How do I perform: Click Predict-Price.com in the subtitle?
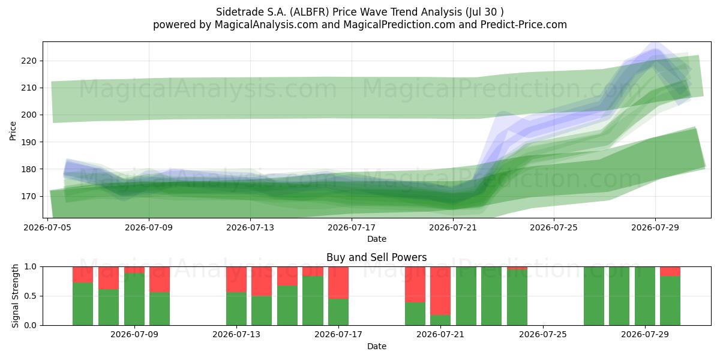pyautogui.click(x=524, y=25)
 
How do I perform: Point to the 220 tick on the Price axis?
pyautogui.click(x=29, y=61)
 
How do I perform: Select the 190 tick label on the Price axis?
pyautogui.click(x=29, y=142)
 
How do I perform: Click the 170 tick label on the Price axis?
pyautogui.click(x=29, y=196)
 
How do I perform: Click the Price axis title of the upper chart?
pyautogui.click(x=13, y=131)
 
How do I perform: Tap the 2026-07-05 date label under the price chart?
pyautogui.click(x=47, y=227)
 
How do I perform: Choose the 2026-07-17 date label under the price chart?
pyautogui.click(x=352, y=227)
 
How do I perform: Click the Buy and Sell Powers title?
pyautogui.click(x=376, y=257)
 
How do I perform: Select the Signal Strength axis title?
pyautogui.click(x=15, y=296)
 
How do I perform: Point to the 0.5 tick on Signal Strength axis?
pyautogui.click(x=31, y=296)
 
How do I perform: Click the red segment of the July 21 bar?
pyautogui.click(x=440, y=291)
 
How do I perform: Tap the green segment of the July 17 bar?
pyautogui.click(x=338, y=312)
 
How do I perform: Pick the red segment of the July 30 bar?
pyautogui.click(x=670, y=271)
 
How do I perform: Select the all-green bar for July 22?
pyautogui.click(x=466, y=296)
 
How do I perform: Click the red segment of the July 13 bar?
pyautogui.click(x=236, y=280)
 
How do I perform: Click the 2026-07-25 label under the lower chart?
pyautogui.click(x=543, y=335)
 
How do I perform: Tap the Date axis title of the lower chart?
pyautogui.click(x=377, y=346)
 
